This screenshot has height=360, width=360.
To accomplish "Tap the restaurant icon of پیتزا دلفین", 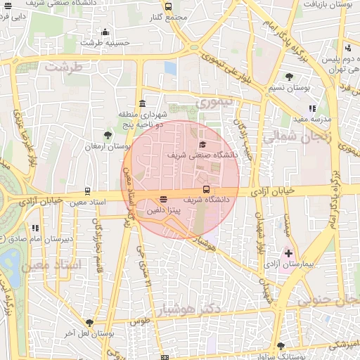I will (163, 199).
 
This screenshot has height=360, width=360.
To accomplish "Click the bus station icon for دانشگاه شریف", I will (206, 189).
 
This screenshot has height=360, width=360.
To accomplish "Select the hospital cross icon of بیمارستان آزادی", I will (288, 252).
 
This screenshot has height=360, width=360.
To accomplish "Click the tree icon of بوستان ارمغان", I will (107, 135).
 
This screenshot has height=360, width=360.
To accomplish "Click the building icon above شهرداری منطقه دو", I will (143, 103).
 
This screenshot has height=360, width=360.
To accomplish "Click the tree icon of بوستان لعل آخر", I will (89, 323).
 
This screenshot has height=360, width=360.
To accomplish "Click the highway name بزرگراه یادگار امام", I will (266, 35).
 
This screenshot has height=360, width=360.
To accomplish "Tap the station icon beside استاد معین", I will (87, 191).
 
